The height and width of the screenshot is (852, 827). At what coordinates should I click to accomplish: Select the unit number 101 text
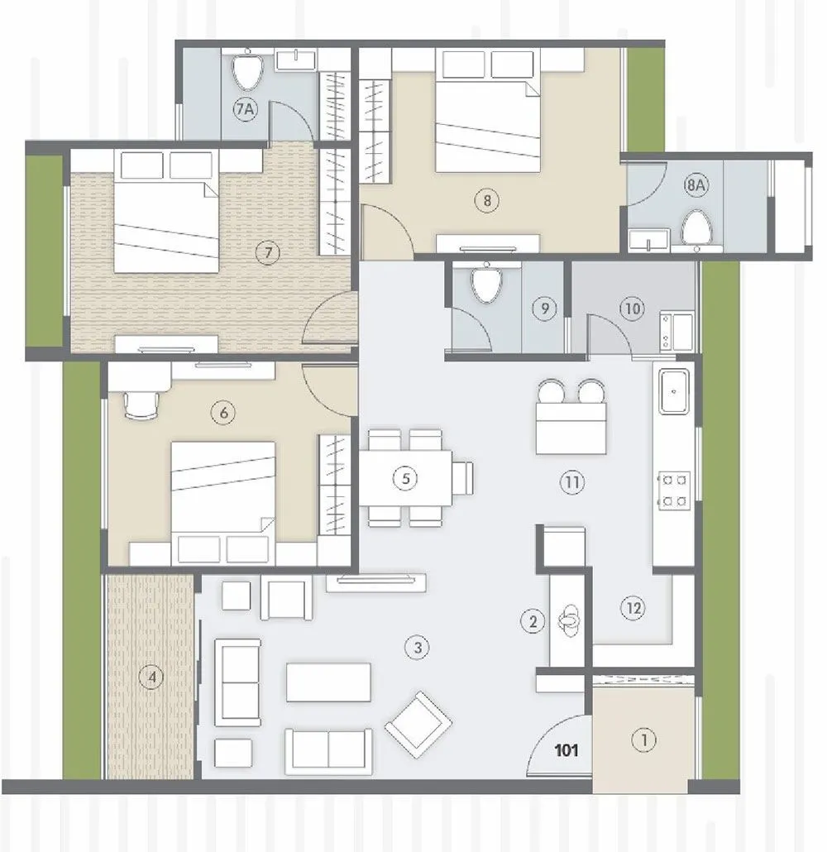pyautogui.click(x=566, y=751)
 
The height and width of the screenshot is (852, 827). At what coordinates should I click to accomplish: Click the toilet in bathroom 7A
pyautogui.click(x=246, y=71)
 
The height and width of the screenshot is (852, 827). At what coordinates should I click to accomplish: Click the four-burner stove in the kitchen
pyautogui.click(x=673, y=489)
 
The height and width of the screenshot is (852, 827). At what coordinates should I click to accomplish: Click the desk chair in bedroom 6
pyautogui.click(x=138, y=405)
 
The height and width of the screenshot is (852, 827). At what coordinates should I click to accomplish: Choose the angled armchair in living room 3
pyautogui.click(x=418, y=725)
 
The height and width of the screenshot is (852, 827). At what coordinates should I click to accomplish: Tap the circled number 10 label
pyautogui.click(x=632, y=309)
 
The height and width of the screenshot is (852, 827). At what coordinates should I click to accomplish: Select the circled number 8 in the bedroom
pyautogui.click(x=487, y=199)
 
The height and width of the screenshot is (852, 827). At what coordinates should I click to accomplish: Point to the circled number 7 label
pyautogui.click(x=264, y=254)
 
